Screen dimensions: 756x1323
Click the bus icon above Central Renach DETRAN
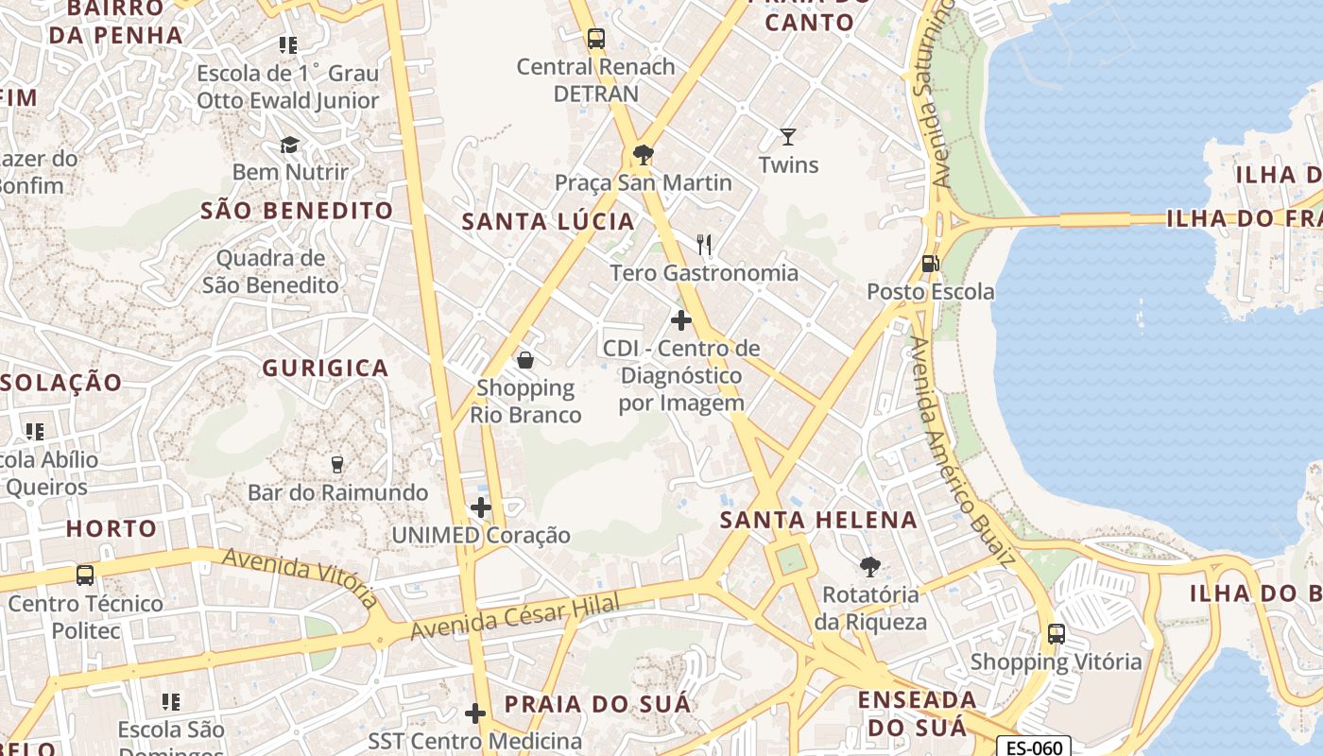coord(595,39)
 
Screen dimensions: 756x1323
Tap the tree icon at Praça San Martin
coord(644,154)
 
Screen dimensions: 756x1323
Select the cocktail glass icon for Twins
coord(788,137)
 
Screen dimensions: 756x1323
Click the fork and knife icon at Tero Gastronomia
coord(703,245)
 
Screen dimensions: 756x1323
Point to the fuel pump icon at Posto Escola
coord(931,264)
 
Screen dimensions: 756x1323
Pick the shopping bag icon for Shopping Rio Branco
coord(525,360)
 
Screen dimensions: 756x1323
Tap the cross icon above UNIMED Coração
coord(481,507)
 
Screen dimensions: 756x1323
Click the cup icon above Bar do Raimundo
coord(336,464)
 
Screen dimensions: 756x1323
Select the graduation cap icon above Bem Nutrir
coord(289,145)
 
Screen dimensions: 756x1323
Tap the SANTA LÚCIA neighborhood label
coord(548,222)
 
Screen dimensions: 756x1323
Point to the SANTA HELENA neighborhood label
coord(818,520)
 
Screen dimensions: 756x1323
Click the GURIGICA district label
coord(325,369)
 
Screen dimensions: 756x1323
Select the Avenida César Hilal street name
coord(515,616)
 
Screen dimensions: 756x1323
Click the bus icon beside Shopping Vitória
coord(1057,634)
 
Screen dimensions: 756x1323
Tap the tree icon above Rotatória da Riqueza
coord(869,567)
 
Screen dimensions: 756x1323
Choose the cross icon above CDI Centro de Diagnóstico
coord(680,320)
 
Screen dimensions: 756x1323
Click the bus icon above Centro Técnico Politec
coord(85,575)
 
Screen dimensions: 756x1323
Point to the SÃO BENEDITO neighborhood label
coord(297,211)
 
